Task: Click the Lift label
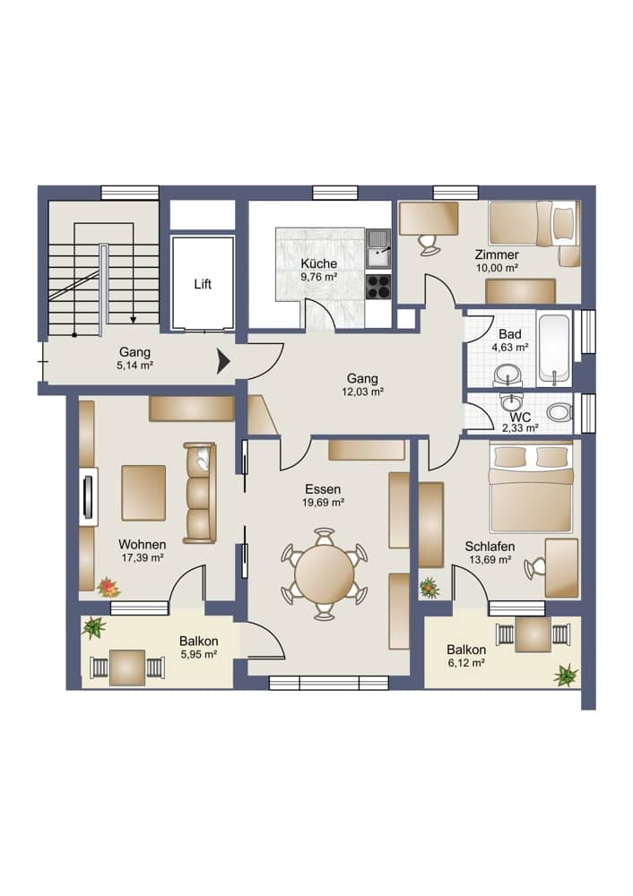click(203, 284)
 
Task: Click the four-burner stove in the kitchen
click(378, 287)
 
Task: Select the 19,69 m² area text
click(323, 503)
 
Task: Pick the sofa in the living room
click(199, 492)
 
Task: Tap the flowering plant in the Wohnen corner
click(108, 588)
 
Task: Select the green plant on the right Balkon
click(565, 675)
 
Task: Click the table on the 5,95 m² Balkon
click(126, 668)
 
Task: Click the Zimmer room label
click(497, 254)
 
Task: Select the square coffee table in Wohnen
click(143, 492)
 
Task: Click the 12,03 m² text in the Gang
click(363, 392)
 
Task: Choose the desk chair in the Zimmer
click(429, 242)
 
